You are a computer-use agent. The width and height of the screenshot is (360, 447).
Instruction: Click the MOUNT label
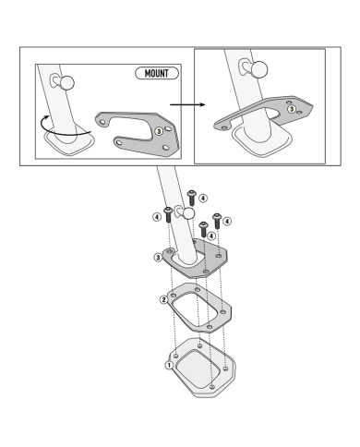click(x=157, y=73)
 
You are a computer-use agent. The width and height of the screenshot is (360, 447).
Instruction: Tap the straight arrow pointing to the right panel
click(x=187, y=104)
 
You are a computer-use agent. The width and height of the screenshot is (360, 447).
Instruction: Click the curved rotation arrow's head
click(x=47, y=117)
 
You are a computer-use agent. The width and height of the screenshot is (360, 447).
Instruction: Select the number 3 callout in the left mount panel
click(x=159, y=131)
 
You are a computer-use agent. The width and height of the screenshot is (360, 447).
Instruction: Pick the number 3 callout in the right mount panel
click(x=291, y=109)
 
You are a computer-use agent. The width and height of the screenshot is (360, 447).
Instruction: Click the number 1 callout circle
click(x=169, y=365)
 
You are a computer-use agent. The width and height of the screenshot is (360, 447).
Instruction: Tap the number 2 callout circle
click(x=164, y=299)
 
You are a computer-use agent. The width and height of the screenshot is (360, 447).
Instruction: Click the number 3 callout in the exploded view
click(x=158, y=257)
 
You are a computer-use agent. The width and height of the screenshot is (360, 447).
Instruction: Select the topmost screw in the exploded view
click(x=192, y=198)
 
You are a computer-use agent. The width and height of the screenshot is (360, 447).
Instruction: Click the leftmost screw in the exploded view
click(x=168, y=214)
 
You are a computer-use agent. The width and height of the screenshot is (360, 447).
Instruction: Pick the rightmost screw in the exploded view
click(x=217, y=221)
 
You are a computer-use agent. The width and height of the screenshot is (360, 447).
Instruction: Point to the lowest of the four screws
click(x=203, y=229)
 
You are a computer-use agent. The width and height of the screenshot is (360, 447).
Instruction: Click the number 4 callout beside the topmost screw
click(x=203, y=199)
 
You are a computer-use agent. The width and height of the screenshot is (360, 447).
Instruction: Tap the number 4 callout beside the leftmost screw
click(x=157, y=217)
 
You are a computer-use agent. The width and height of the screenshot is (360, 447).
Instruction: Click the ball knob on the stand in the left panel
click(x=66, y=82)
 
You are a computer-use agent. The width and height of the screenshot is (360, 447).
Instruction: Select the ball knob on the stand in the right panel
click(x=258, y=69)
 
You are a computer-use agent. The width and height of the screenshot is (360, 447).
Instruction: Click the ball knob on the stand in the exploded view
click(x=188, y=212)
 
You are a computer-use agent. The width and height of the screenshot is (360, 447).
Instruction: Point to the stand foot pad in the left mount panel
click(x=69, y=141)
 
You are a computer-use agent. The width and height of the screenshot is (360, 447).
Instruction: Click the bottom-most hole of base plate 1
click(x=211, y=387)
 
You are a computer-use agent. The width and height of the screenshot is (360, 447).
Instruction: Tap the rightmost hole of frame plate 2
click(x=223, y=312)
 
